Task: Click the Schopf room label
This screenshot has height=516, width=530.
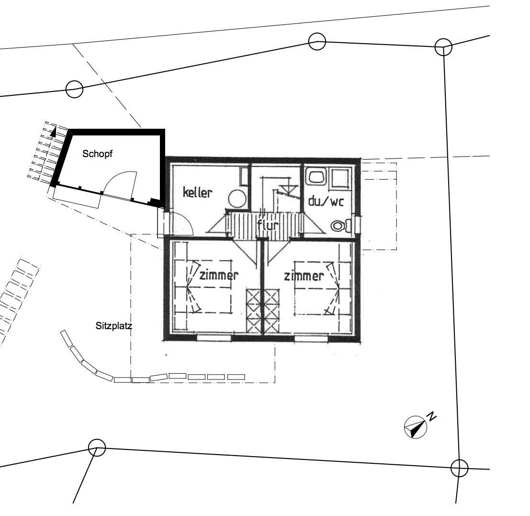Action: click(x=97, y=154)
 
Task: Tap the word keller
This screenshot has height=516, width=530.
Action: click(x=197, y=192)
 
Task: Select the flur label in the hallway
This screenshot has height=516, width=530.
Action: click(x=268, y=225)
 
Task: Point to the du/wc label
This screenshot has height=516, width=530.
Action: click(x=326, y=202)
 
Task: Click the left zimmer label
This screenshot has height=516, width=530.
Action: click(x=219, y=275)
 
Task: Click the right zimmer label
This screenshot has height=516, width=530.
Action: click(x=304, y=276)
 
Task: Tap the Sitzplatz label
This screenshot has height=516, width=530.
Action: click(x=113, y=326)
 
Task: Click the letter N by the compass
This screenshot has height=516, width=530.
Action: click(x=432, y=416)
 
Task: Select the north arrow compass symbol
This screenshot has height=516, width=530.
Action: click(x=416, y=427)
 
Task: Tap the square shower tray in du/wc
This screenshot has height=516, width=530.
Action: click(x=340, y=178)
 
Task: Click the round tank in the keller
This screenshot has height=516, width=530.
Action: click(x=237, y=198)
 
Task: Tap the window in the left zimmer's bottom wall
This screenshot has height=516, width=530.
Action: click(x=214, y=337)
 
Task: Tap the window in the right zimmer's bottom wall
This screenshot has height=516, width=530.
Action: click(x=311, y=338)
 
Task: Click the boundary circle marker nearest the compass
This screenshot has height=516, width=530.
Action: click(x=459, y=468)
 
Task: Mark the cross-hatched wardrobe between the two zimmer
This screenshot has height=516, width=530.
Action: click(x=263, y=311)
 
